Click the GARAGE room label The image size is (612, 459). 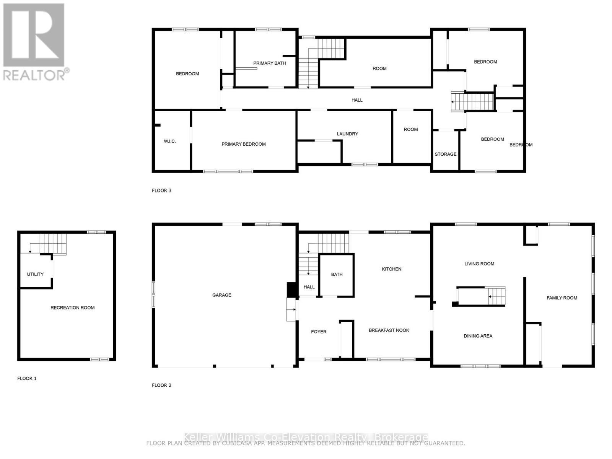[x=221, y=295]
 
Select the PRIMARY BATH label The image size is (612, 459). [x=269, y=63]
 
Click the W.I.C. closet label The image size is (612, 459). [x=169, y=141]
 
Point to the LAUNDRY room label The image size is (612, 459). [x=347, y=133]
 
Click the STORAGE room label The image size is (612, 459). [x=445, y=154]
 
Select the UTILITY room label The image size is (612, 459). [x=35, y=274]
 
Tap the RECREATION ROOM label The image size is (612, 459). [x=72, y=308]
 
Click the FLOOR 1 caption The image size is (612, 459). [x=27, y=378]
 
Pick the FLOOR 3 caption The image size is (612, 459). [x=161, y=190]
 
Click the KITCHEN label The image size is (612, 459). [x=391, y=269]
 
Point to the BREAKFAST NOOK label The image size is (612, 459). [x=389, y=330]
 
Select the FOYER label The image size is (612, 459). [x=318, y=332]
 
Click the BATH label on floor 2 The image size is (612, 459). [x=337, y=274]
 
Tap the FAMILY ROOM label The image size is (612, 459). [x=562, y=298]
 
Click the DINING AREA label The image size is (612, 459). [x=478, y=336]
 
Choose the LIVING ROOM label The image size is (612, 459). [x=479, y=264]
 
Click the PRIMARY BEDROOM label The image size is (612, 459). [x=243, y=144]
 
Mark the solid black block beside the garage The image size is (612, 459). [x=292, y=290]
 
